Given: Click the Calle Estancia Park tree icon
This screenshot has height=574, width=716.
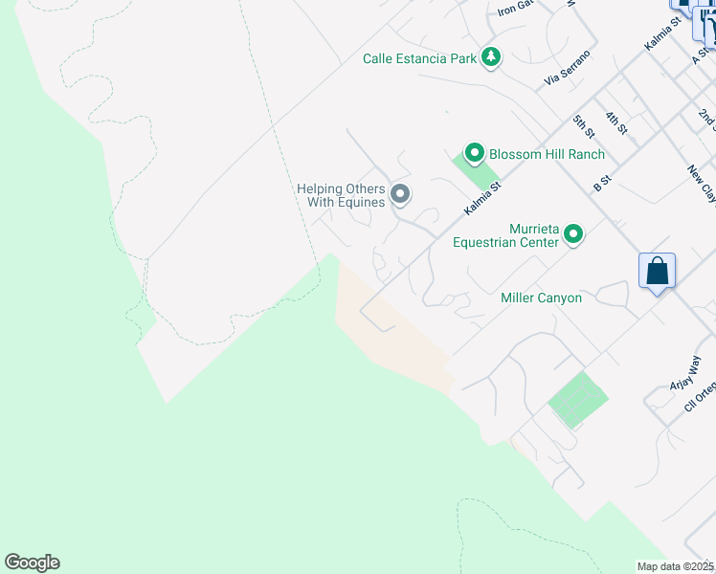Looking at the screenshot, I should (x=491, y=57).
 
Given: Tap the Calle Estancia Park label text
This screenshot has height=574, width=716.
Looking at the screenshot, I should (x=419, y=58).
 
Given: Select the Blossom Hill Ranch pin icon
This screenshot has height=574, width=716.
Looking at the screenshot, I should (x=473, y=153).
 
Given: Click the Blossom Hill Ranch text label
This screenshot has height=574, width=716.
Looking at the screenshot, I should (x=547, y=154).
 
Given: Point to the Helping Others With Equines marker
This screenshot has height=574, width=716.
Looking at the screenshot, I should (x=401, y=194).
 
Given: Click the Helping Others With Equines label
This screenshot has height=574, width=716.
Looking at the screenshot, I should (x=341, y=195).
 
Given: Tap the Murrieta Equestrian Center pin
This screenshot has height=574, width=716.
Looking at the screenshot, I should (x=573, y=233).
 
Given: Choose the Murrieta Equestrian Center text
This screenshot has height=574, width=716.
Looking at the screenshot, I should (x=505, y=235).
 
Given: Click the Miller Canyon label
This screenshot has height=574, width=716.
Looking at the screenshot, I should (x=541, y=298).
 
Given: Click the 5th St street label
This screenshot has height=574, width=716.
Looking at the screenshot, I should (x=583, y=125).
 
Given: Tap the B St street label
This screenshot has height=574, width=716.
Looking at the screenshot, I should (x=602, y=183).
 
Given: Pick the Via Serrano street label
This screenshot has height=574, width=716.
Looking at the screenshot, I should (x=567, y=67).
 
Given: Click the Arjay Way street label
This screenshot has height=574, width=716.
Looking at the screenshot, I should (x=694, y=369).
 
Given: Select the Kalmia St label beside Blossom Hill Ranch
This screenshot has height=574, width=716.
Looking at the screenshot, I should (x=482, y=198).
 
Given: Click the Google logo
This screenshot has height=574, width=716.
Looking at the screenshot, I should (x=32, y=563).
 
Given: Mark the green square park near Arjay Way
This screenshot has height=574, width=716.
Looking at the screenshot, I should (x=578, y=400).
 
